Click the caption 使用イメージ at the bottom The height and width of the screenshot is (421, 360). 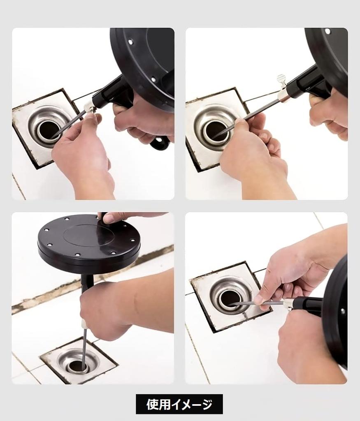coord(179,404)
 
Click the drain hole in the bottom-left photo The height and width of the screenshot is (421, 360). coord(77,365)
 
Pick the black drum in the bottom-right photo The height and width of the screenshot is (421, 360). coord(337,312)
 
